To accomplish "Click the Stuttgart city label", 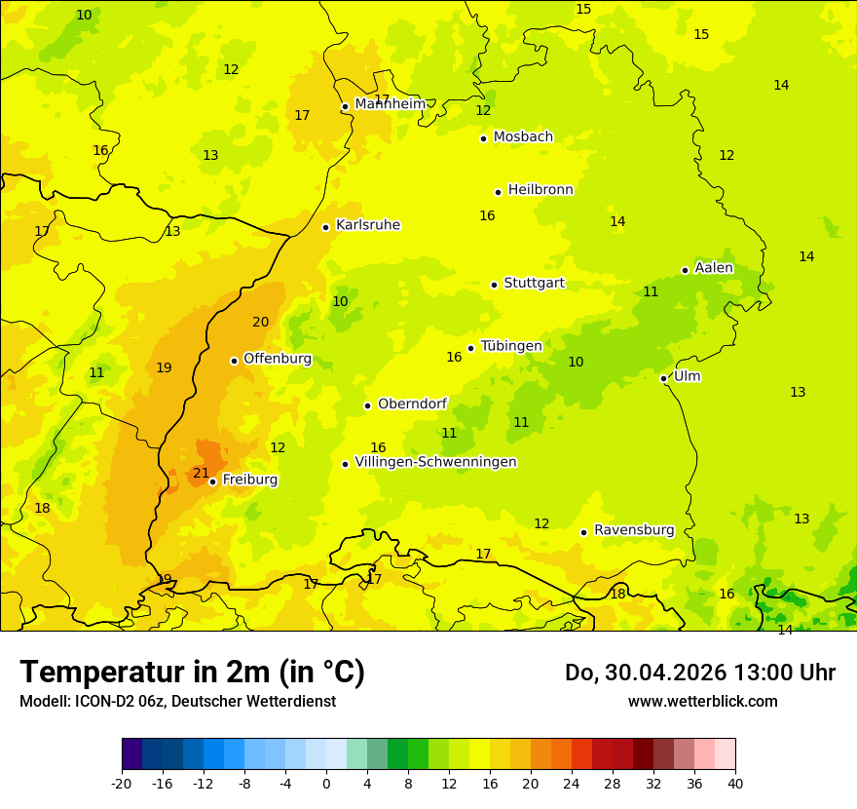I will [534, 284].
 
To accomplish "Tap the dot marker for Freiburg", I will [212, 482].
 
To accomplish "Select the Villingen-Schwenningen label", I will [435, 462].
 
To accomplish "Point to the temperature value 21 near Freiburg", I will [201, 474].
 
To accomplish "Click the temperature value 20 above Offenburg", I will [260, 323].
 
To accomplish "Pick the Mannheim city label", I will [390, 104].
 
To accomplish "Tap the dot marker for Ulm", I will [663, 378].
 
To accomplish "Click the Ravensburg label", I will [634, 530].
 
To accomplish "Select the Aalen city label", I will [714, 268].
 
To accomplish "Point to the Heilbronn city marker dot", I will [498, 192].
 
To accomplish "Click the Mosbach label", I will [523, 137].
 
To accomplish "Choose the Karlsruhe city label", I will [368, 225].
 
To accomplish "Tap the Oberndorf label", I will [413, 404].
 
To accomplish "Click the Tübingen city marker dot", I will [470, 348].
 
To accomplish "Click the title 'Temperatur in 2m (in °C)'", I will [192, 673].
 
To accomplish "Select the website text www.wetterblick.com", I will [702, 702].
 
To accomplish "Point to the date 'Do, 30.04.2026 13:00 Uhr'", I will [699, 673].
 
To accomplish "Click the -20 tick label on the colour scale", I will [122, 784].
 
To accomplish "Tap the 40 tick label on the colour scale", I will [734, 784].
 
